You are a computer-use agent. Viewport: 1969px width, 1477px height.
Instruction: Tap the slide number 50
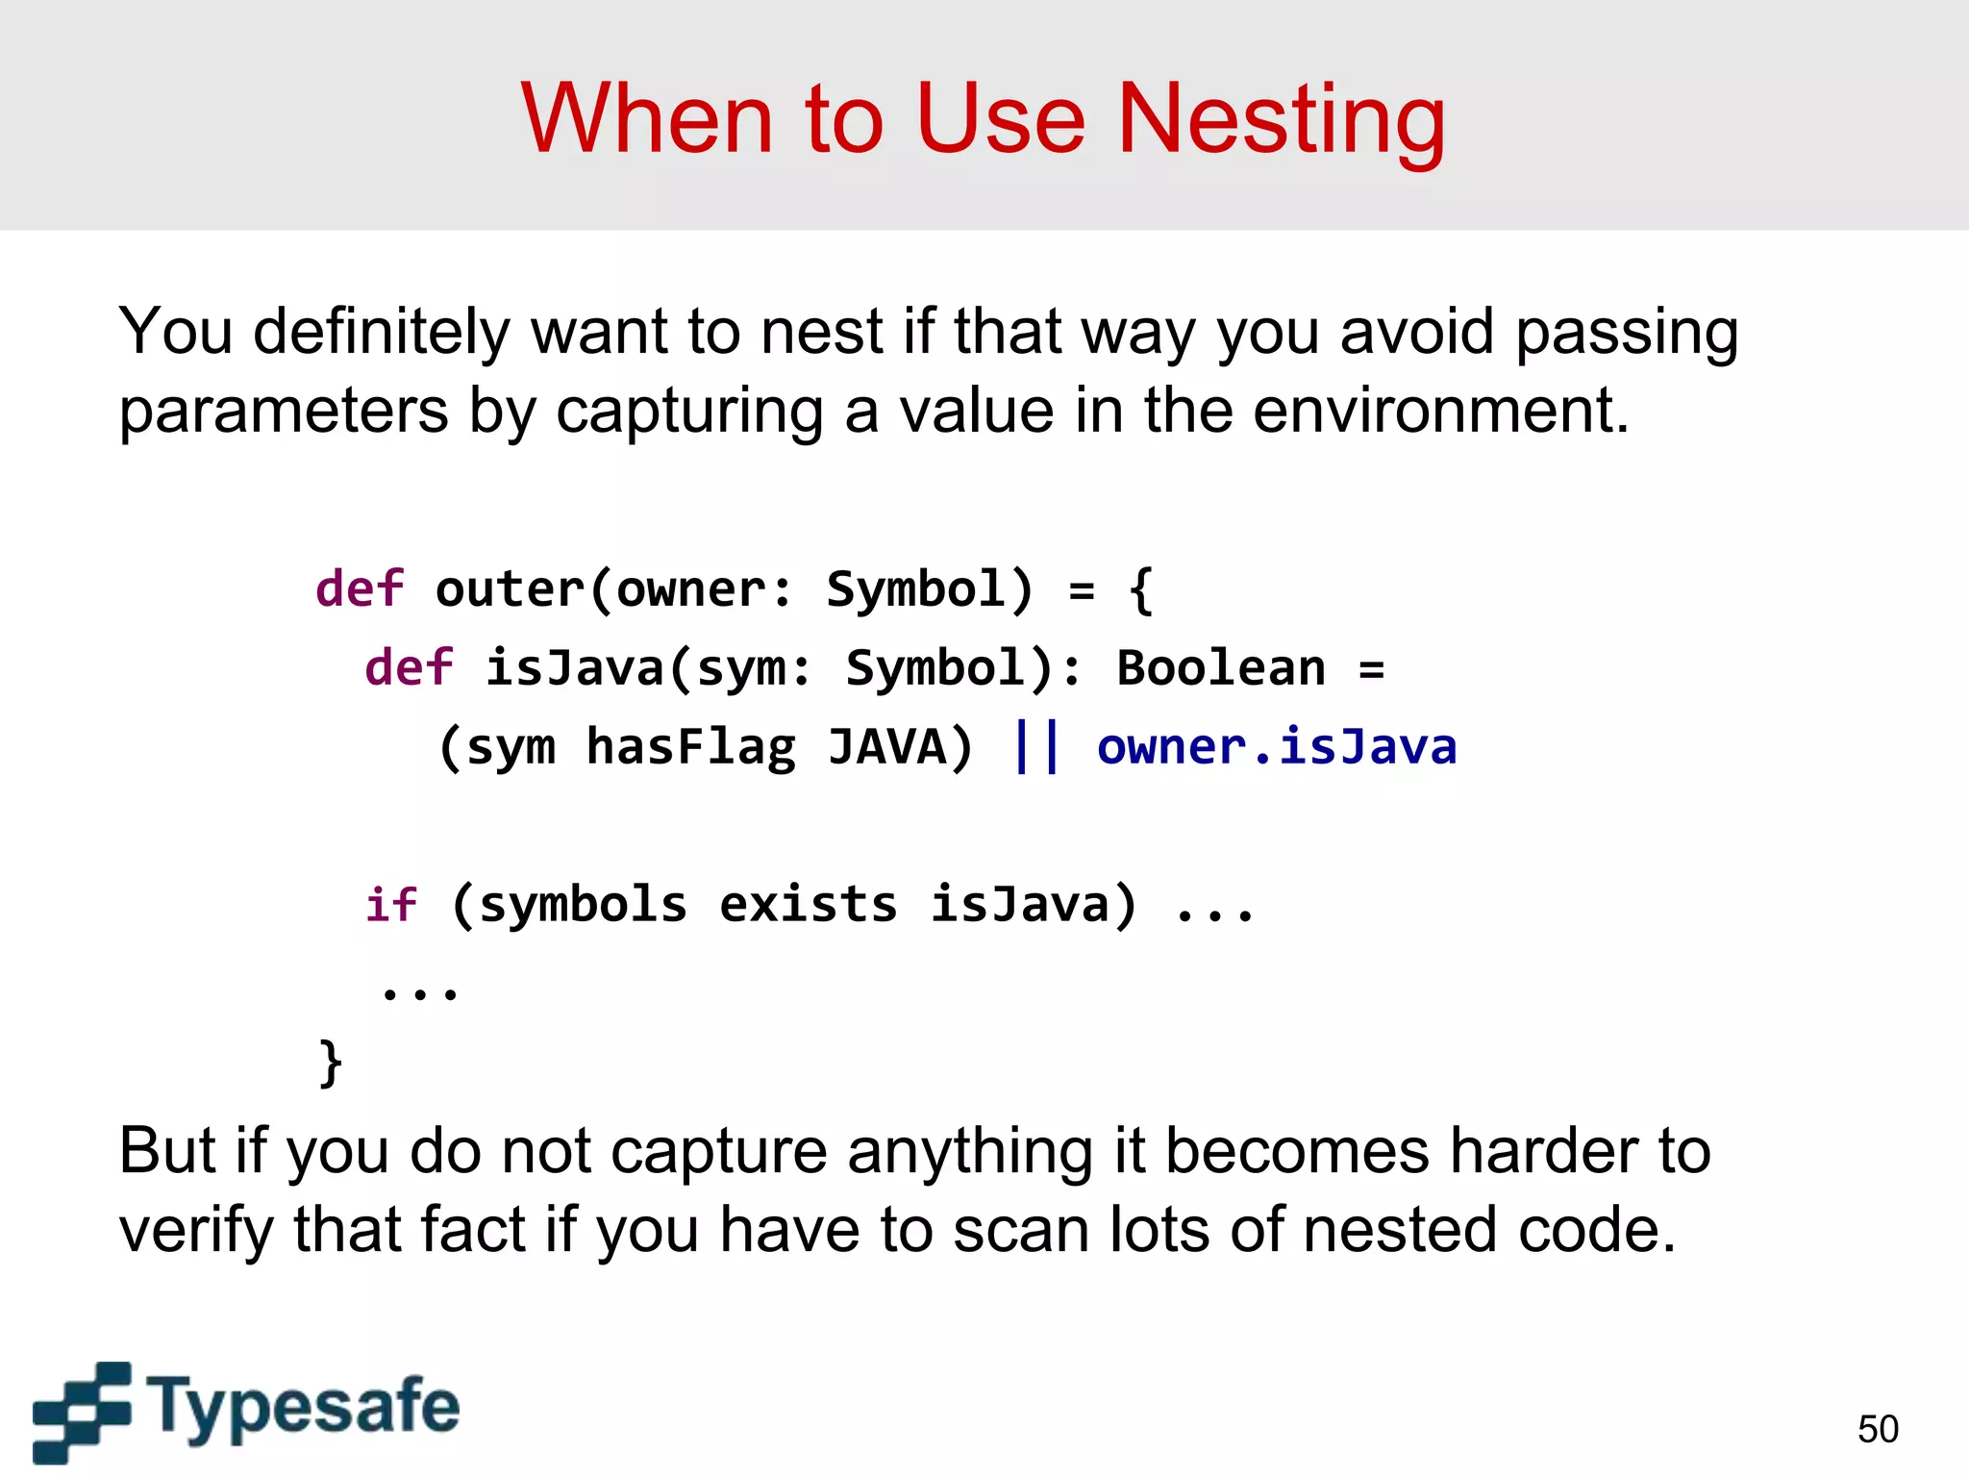pyautogui.click(x=1878, y=1429)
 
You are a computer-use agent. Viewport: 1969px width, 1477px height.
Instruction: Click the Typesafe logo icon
pyautogui.click(x=82, y=1411)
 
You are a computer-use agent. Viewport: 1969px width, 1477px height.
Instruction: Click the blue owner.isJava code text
pyautogui.click(x=1276, y=748)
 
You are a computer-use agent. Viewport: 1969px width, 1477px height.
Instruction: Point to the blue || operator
pyautogui.click(x=1036, y=746)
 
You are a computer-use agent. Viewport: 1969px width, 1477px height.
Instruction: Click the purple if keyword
pyautogui.click(x=391, y=905)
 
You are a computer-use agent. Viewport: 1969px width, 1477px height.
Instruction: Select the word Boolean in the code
pyautogui.click(x=1220, y=668)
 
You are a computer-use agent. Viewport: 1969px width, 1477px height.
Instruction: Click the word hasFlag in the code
pyautogui.click(x=691, y=748)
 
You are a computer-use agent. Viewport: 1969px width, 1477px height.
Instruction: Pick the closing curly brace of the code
pyautogui.click(x=330, y=1063)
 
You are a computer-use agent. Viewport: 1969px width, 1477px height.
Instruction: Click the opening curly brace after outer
pyautogui.click(x=1141, y=589)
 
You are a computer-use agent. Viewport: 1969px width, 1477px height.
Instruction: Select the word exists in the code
pyautogui.click(x=808, y=905)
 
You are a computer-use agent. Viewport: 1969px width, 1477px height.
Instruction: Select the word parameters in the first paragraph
pyautogui.click(x=284, y=411)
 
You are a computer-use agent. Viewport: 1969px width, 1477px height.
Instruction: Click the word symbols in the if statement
pyautogui.click(x=583, y=905)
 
